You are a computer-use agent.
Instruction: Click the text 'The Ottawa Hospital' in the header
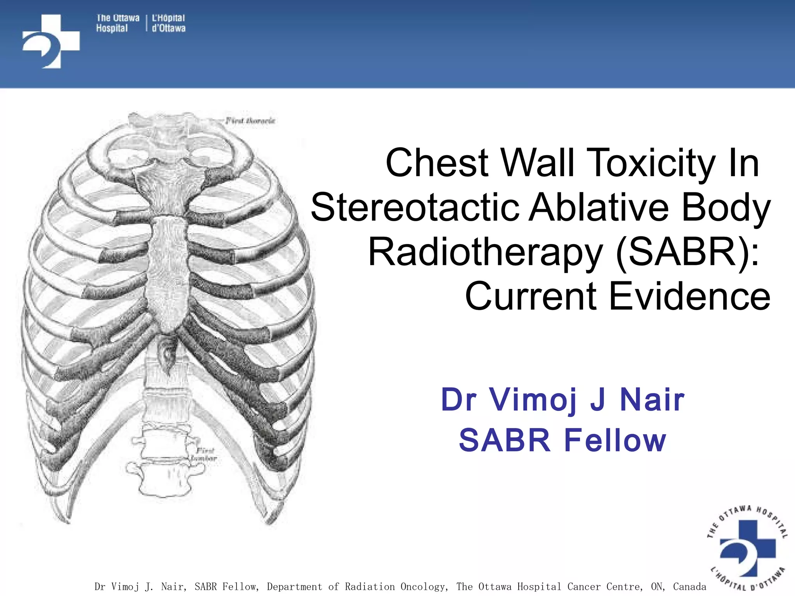tap(117, 23)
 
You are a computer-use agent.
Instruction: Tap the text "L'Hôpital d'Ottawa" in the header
tap(168, 23)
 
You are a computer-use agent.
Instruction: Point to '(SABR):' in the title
tap(687, 252)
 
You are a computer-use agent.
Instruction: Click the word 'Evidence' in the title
tap(689, 296)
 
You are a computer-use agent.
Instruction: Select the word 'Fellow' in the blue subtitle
tap(615, 440)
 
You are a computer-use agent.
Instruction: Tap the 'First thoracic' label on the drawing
tap(250, 121)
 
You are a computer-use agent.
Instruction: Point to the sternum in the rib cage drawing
tap(168, 268)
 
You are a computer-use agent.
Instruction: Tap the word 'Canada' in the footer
tap(689, 586)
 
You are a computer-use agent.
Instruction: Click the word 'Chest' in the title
tap(437, 163)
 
